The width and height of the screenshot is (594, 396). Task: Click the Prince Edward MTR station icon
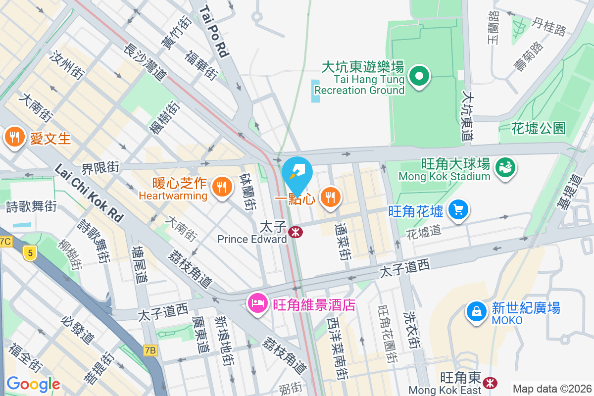[296, 232]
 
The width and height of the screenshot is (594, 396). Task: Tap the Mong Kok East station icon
[491, 383]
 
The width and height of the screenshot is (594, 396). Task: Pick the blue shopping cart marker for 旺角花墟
[458, 210]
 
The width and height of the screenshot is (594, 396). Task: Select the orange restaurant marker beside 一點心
[329, 198]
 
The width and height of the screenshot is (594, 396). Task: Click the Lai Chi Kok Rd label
[89, 193]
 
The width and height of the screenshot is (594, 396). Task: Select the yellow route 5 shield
[30, 253]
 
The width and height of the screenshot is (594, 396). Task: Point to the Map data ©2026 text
[551, 389]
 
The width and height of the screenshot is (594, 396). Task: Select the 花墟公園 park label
[539, 129]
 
